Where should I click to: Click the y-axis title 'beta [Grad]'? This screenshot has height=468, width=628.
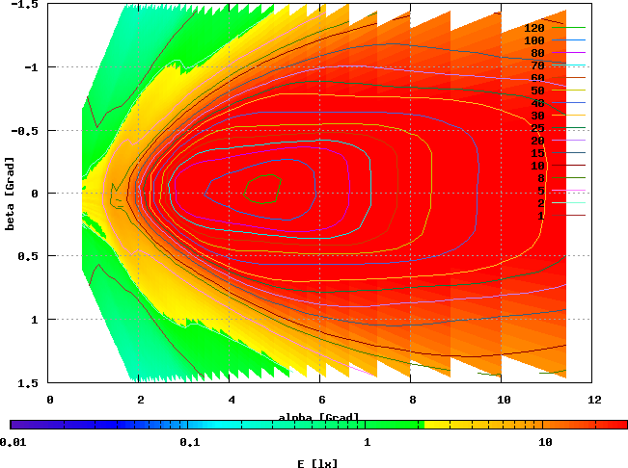click(11, 194)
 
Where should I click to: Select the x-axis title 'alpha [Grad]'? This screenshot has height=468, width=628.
click(319, 417)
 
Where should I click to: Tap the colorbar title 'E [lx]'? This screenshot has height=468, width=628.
click(318, 463)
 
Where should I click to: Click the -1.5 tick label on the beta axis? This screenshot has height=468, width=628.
click(22, 5)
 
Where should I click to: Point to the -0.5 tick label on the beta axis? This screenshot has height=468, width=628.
click(22, 131)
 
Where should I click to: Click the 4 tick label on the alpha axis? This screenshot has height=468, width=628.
click(231, 398)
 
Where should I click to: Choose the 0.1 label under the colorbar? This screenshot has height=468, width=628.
click(189, 442)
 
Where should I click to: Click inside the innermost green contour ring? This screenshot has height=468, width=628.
click(260, 189)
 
